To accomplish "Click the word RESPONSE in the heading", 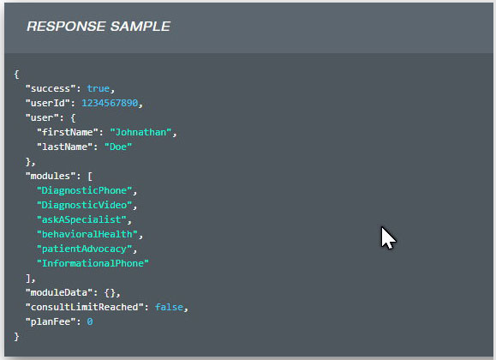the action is [x=66, y=27].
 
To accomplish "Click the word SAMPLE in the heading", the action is [x=140, y=27].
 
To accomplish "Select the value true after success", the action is [x=98, y=88].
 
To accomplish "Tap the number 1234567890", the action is [x=110, y=103].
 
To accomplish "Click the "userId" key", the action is [x=47, y=103].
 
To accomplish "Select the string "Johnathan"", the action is [x=140, y=132].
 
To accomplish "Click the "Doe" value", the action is [x=118, y=147].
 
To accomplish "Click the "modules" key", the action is [x=51, y=176].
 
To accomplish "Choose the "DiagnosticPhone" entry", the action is [x=84, y=190].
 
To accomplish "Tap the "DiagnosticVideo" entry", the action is [x=84, y=205].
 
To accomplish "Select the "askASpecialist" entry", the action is [x=81, y=219].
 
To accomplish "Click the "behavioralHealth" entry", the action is [x=87, y=234].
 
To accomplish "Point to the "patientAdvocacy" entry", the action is [x=84, y=249].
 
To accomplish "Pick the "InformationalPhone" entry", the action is [x=93, y=263].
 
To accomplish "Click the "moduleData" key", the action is [x=59, y=292].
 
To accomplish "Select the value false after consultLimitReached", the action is [x=169, y=307].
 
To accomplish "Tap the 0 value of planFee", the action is [x=90, y=321].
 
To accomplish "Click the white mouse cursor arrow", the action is [x=388, y=237].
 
